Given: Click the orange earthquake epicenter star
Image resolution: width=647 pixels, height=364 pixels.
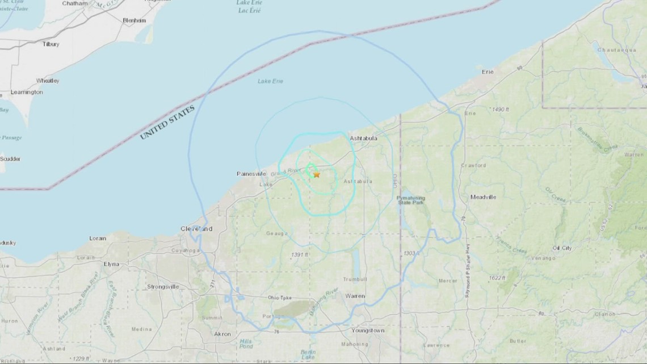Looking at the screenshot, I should click(x=317, y=174).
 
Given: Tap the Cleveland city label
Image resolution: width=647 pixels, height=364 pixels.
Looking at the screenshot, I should click(x=196, y=229).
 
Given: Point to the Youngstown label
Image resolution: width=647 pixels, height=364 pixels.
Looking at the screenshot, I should click(x=368, y=330).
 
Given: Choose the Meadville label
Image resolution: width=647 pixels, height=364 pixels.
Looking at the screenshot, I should click(x=483, y=197).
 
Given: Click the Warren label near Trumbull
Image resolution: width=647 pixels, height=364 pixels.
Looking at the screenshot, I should click(x=355, y=296).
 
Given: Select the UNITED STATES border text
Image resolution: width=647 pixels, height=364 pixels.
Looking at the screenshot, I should click(x=167, y=122).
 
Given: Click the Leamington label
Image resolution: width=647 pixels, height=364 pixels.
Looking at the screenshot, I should click(x=26, y=92).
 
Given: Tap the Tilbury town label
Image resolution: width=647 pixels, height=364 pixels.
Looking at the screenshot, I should click(x=51, y=44).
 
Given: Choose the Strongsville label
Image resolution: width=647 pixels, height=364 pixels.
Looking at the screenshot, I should click(x=163, y=287).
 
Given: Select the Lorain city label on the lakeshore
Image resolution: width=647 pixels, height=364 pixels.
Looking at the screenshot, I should click(x=98, y=239).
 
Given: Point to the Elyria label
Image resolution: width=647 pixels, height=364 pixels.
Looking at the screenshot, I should click(x=111, y=264).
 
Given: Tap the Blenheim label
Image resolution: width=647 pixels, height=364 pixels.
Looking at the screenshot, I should click(x=135, y=20).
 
